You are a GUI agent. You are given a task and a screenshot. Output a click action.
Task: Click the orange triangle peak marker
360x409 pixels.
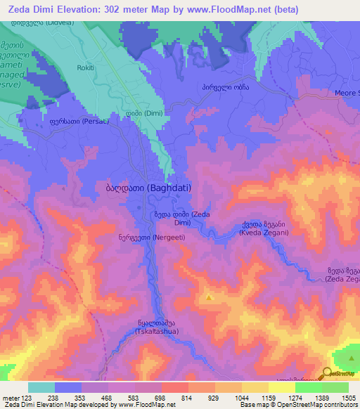(x=210, y=299)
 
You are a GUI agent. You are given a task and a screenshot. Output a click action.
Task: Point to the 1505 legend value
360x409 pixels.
(x=339, y=398)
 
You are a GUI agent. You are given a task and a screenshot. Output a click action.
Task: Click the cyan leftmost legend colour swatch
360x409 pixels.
(x=41, y=387)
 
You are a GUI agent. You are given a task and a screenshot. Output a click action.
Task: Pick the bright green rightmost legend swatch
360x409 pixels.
(x=335, y=387)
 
